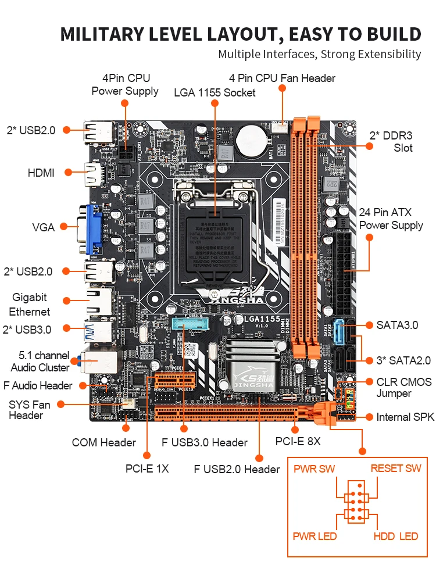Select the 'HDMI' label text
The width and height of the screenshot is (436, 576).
pyautogui.click(x=41, y=173)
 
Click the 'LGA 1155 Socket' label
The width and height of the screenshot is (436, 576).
pyautogui.click(x=215, y=92)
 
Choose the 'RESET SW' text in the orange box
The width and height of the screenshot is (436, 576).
pyautogui.click(x=396, y=468)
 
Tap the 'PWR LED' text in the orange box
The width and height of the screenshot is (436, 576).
pyautogui.click(x=315, y=536)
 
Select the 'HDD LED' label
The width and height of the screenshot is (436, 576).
pyautogui.click(x=396, y=536)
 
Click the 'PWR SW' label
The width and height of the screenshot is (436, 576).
pyautogui.click(x=314, y=468)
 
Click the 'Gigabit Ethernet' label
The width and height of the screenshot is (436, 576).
pyautogui.click(x=30, y=305)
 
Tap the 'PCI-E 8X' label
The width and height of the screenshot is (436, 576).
pyautogui.click(x=298, y=442)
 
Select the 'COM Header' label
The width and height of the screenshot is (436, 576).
pyautogui.click(x=104, y=443)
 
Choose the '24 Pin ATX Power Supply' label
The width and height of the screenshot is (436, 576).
pyautogui.click(x=391, y=219)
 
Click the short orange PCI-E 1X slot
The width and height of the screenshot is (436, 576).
pyautogui.click(x=174, y=381)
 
